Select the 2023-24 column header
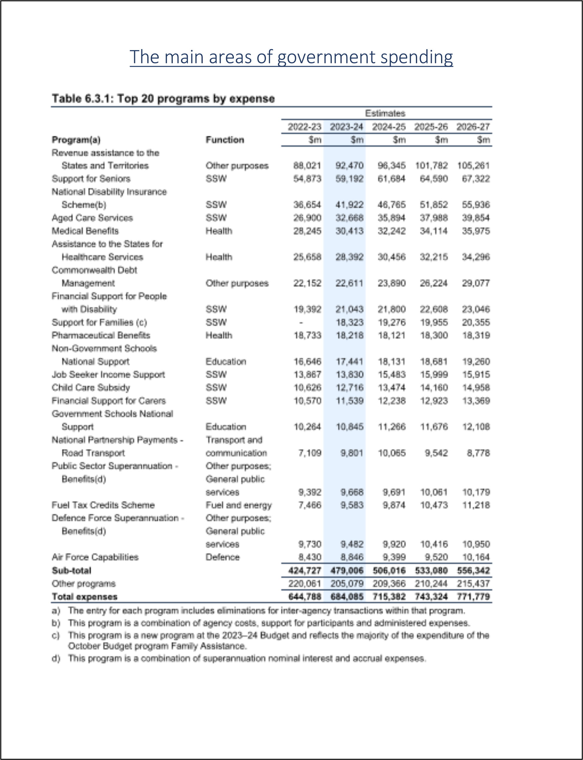click(346, 127)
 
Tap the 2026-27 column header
click(473, 127)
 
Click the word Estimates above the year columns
click(385, 113)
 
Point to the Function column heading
click(225, 140)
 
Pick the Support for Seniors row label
click(91, 179)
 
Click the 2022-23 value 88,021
click(307, 166)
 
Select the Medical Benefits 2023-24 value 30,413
click(349, 231)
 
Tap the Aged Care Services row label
click(92, 218)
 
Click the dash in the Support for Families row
click(301, 323)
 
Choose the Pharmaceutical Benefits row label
click(101, 336)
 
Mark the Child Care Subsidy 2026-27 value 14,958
click(476, 387)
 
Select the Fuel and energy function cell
click(238, 505)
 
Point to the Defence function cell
click(222, 557)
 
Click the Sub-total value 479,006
click(347, 571)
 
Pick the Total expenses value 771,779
click(473, 597)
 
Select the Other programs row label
click(84, 584)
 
